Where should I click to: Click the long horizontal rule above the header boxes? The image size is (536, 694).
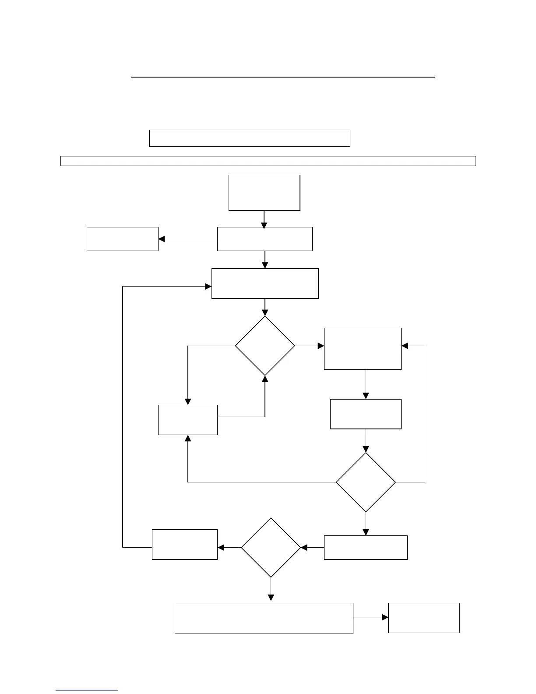(283, 77)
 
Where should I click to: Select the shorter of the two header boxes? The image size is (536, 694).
(250, 138)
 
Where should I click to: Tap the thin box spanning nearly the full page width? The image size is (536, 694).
(268, 161)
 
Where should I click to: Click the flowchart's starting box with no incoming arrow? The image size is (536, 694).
(264, 193)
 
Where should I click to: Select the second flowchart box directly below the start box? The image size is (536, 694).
(264, 239)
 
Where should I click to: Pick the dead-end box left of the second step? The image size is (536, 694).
(122, 239)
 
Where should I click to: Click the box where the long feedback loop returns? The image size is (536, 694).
(264, 283)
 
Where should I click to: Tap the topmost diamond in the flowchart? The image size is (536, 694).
(264, 346)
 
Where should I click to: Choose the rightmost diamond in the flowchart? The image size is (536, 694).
(366, 482)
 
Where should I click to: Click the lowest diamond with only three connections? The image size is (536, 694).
(271, 548)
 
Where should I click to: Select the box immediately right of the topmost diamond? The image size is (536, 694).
(363, 349)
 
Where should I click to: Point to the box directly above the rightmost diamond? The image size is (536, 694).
(365, 414)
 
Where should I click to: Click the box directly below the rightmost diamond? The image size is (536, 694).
(365, 548)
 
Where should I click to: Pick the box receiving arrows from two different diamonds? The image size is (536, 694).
(187, 420)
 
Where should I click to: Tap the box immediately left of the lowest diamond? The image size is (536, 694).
(184, 545)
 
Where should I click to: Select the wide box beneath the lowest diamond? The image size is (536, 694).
(264, 618)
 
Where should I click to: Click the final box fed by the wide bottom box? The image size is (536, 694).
(423, 618)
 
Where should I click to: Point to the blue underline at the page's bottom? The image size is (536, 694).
(87, 690)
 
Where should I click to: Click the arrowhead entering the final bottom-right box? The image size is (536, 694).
(385, 617)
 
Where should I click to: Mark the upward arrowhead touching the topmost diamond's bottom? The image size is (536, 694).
(265, 379)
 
